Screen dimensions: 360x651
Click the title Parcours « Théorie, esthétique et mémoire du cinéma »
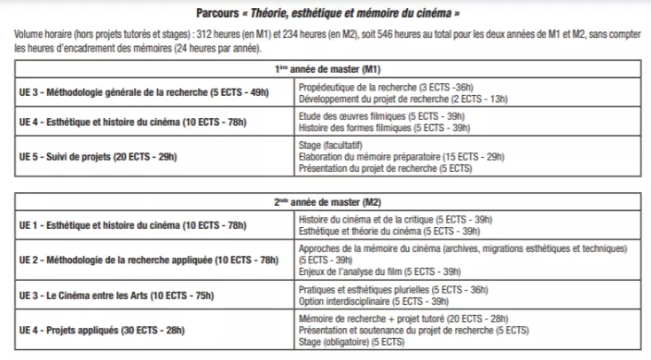point(325,13)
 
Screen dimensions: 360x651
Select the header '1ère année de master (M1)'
point(325,68)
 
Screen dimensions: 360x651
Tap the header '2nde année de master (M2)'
point(325,204)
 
